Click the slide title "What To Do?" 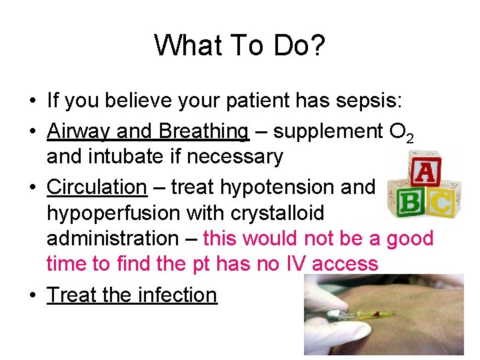tap(239, 45)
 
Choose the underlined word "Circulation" tap(97, 187)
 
